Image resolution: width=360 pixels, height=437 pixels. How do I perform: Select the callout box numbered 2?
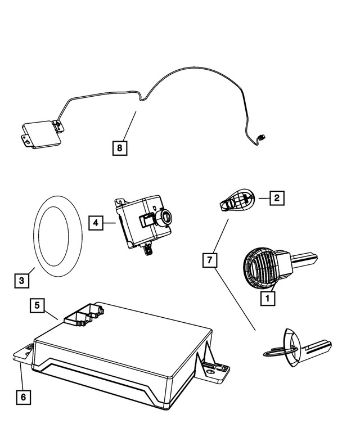click(277, 197)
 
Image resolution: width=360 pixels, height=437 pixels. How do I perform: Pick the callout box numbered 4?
click(96, 223)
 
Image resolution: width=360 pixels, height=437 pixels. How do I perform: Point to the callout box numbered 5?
click(37, 306)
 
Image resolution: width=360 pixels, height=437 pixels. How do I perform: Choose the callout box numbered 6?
click(22, 397)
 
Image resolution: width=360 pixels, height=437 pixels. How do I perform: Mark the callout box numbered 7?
click(210, 260)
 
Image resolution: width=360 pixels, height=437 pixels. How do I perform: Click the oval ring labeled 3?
click(36, 236)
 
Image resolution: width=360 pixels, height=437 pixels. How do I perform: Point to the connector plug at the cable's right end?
click(261, 137)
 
